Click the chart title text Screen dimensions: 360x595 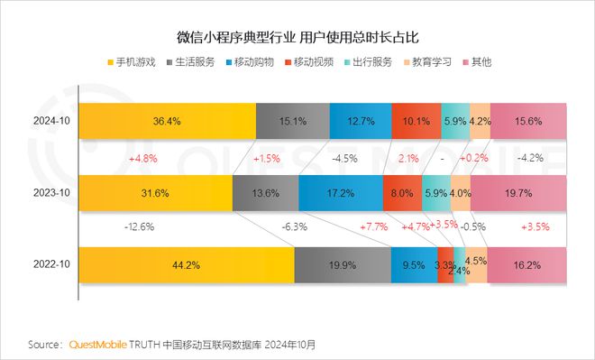pyautogui.click(x=297, y=39)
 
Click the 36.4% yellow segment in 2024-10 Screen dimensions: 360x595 pyautogui.click(x=167, y=121)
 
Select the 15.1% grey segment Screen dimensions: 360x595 pyautogui.click(x=292, y=121)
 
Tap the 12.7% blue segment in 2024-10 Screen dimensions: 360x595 pyautogui.click(x=361, y=121)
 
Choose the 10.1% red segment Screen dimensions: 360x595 pyautogui.click(x=416, y=121)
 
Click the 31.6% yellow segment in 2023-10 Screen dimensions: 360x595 pyautogui.click(x=155, y=193)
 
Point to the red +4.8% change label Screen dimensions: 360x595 pyautogui.click(x=145, y=158)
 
